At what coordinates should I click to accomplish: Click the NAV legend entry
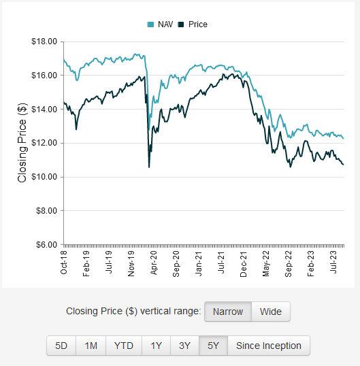click(161, 24)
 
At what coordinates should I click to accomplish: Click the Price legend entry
click(193, 24)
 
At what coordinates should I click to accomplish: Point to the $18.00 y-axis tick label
click(44, 41)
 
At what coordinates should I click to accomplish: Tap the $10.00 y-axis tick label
click(44, 177)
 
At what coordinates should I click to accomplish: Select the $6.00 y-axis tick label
click(46, 244)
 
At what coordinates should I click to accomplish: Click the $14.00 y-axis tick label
click(44, 110)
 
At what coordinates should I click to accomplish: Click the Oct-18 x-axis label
click(63, 262)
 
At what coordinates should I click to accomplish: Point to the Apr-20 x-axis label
click(154, 262)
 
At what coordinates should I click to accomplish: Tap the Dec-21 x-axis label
click(244, 262)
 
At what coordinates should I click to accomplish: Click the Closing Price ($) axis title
click(22, 142)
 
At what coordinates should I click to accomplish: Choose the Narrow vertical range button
click(227, 312)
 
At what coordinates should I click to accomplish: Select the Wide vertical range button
click(270, 312)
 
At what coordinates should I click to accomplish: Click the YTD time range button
click(123, 346)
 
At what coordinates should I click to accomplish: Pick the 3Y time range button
click(184, 346)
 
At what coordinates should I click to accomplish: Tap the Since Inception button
click(268, 346)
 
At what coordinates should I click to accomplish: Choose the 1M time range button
click(91, 346)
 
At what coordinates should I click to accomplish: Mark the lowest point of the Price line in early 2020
click(149, 167)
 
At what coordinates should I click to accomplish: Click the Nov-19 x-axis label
click(131, 262)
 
